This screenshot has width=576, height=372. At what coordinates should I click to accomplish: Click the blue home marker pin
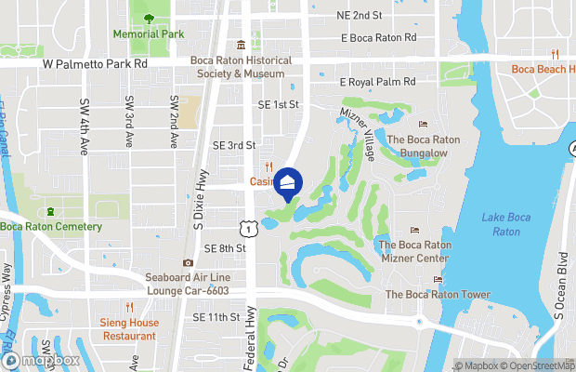(289, 183)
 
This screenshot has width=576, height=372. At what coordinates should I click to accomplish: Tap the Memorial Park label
(149, 33)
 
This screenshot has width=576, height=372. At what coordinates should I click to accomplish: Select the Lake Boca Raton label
(501, 224)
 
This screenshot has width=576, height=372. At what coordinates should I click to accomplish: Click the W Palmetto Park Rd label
(95, 65)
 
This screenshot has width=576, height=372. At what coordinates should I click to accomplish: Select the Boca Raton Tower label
(438, 295)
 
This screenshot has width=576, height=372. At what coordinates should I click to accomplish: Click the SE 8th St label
(226, 248)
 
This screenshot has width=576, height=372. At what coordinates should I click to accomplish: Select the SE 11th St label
(216, 317)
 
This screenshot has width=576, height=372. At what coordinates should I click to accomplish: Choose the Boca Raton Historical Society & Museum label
(241, 67)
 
